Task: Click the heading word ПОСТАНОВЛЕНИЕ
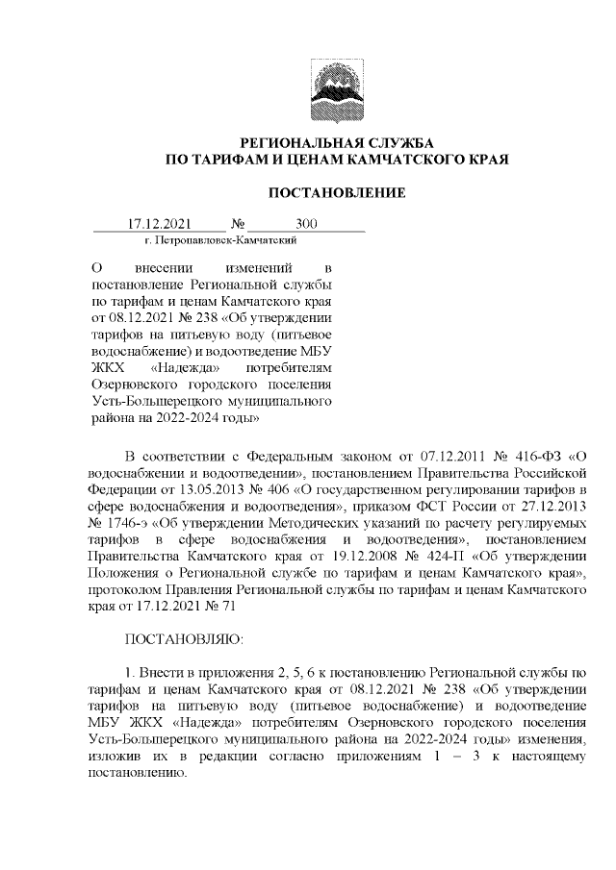[x=336, y=193]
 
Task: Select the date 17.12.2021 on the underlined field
[x=161, y=225]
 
